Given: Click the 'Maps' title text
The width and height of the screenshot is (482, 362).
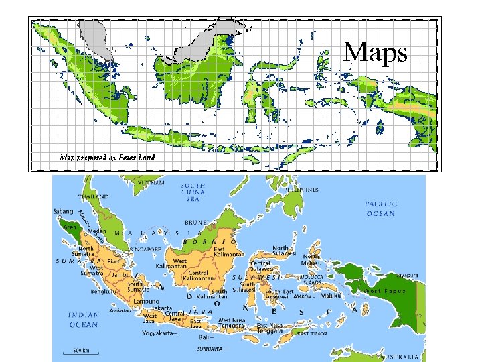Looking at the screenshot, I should (x=375, y=52).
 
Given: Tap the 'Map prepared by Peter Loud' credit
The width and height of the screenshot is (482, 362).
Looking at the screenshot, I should (x=108, y=158).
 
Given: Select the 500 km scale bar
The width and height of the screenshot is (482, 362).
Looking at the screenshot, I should (x=82, y=351).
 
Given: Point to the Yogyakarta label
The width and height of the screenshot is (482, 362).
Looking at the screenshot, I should (x=158, y=333).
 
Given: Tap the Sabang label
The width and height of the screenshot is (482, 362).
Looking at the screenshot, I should (x=64, y=210).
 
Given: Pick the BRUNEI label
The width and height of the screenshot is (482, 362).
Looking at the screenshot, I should (x=197, y=221).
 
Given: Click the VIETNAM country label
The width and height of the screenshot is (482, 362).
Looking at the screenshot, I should (x=151, y=182).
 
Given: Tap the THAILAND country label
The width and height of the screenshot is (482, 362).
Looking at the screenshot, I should (x=93, y=197).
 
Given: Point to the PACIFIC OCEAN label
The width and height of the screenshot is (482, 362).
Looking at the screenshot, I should (x=380, y=208).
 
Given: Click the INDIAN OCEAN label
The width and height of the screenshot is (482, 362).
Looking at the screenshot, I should (x=83, y=320).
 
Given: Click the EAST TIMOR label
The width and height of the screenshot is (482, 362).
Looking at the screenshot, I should (x=313, y=333).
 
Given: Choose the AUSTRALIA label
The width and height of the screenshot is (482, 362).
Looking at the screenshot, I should (x=402, y=356).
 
